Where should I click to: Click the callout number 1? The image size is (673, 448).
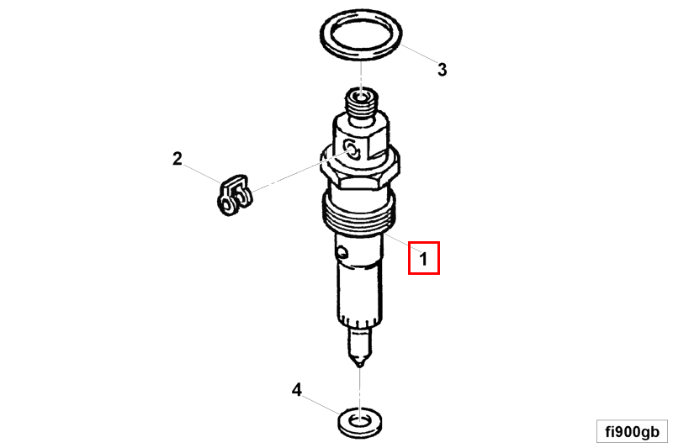coord(424,259)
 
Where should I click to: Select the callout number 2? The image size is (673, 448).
coord(178,159)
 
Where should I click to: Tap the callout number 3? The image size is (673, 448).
coord(442,70)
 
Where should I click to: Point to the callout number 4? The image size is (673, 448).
coord(297,390)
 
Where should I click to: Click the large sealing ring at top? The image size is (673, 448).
coord(361,56)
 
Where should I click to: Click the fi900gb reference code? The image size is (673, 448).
coord(632,431)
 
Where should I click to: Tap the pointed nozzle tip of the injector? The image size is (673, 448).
coord(360,365)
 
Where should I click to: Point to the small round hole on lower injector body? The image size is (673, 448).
coord(342,252)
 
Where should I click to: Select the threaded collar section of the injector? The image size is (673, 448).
coord(359,213)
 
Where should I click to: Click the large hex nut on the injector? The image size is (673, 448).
coord(360,167)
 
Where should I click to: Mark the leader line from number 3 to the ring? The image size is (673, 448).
coord(418,54)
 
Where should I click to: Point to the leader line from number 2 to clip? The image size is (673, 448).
coord(203,174)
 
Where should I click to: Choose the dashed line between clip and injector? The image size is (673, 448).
coord(299,171)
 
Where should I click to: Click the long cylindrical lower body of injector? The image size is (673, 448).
coord(360,293)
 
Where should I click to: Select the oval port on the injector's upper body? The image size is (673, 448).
coord(352,149)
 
